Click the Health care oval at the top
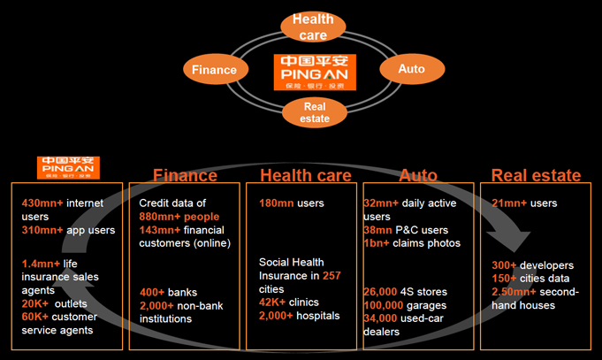point(313,27)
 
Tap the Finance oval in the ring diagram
point(215,69)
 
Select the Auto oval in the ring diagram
point(411,68)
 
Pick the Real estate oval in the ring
point(314,111)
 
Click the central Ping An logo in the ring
point(313,71)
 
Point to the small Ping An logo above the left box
point(68,167)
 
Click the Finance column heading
point(185,175)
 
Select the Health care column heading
point(305,175)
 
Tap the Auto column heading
point(418,175)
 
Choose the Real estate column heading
point(536,175)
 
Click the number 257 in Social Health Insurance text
point(331,276)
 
